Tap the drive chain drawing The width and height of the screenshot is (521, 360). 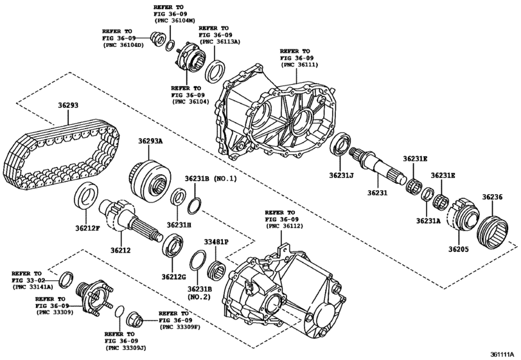(61, 154)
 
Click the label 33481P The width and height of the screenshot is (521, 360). (216, 241)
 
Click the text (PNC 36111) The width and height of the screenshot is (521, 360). (298, 64)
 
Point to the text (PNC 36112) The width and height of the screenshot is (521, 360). (280, 227)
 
